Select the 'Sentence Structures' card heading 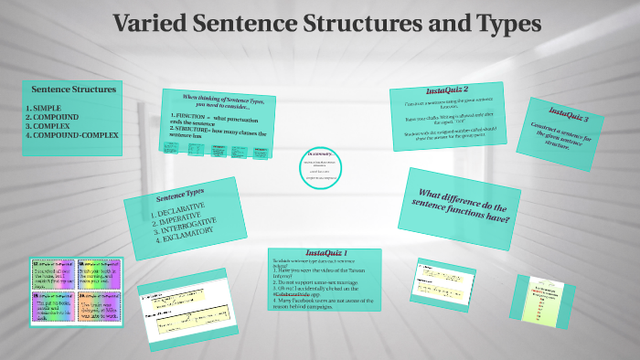(74, 90)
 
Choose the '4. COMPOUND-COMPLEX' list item (73, 135)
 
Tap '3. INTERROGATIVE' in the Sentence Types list (187, 227)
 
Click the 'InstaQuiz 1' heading (325, 252)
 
